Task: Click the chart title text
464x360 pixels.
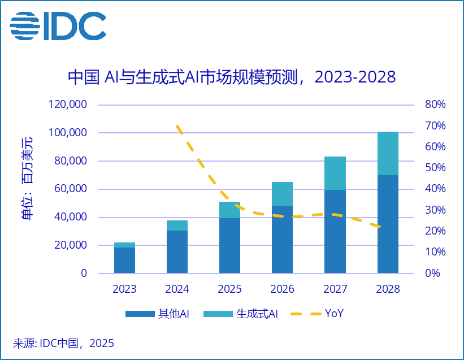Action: tap(231, 77)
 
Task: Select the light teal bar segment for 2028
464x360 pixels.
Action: tap(388, 153)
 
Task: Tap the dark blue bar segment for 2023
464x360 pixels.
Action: tap(124, 261)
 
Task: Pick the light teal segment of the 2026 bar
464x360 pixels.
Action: tap(282, 194)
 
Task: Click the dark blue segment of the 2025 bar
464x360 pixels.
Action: tap(229, 246)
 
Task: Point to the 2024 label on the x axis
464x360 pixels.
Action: tap(177, 289)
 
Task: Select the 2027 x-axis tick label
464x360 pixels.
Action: tap(335, 289)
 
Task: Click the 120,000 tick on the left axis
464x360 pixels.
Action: tap(67, 105)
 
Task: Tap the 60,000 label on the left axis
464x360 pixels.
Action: tap(70, 189)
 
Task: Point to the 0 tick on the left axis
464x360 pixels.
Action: tap(84, 274)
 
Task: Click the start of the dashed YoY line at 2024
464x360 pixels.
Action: tap(177, 126)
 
